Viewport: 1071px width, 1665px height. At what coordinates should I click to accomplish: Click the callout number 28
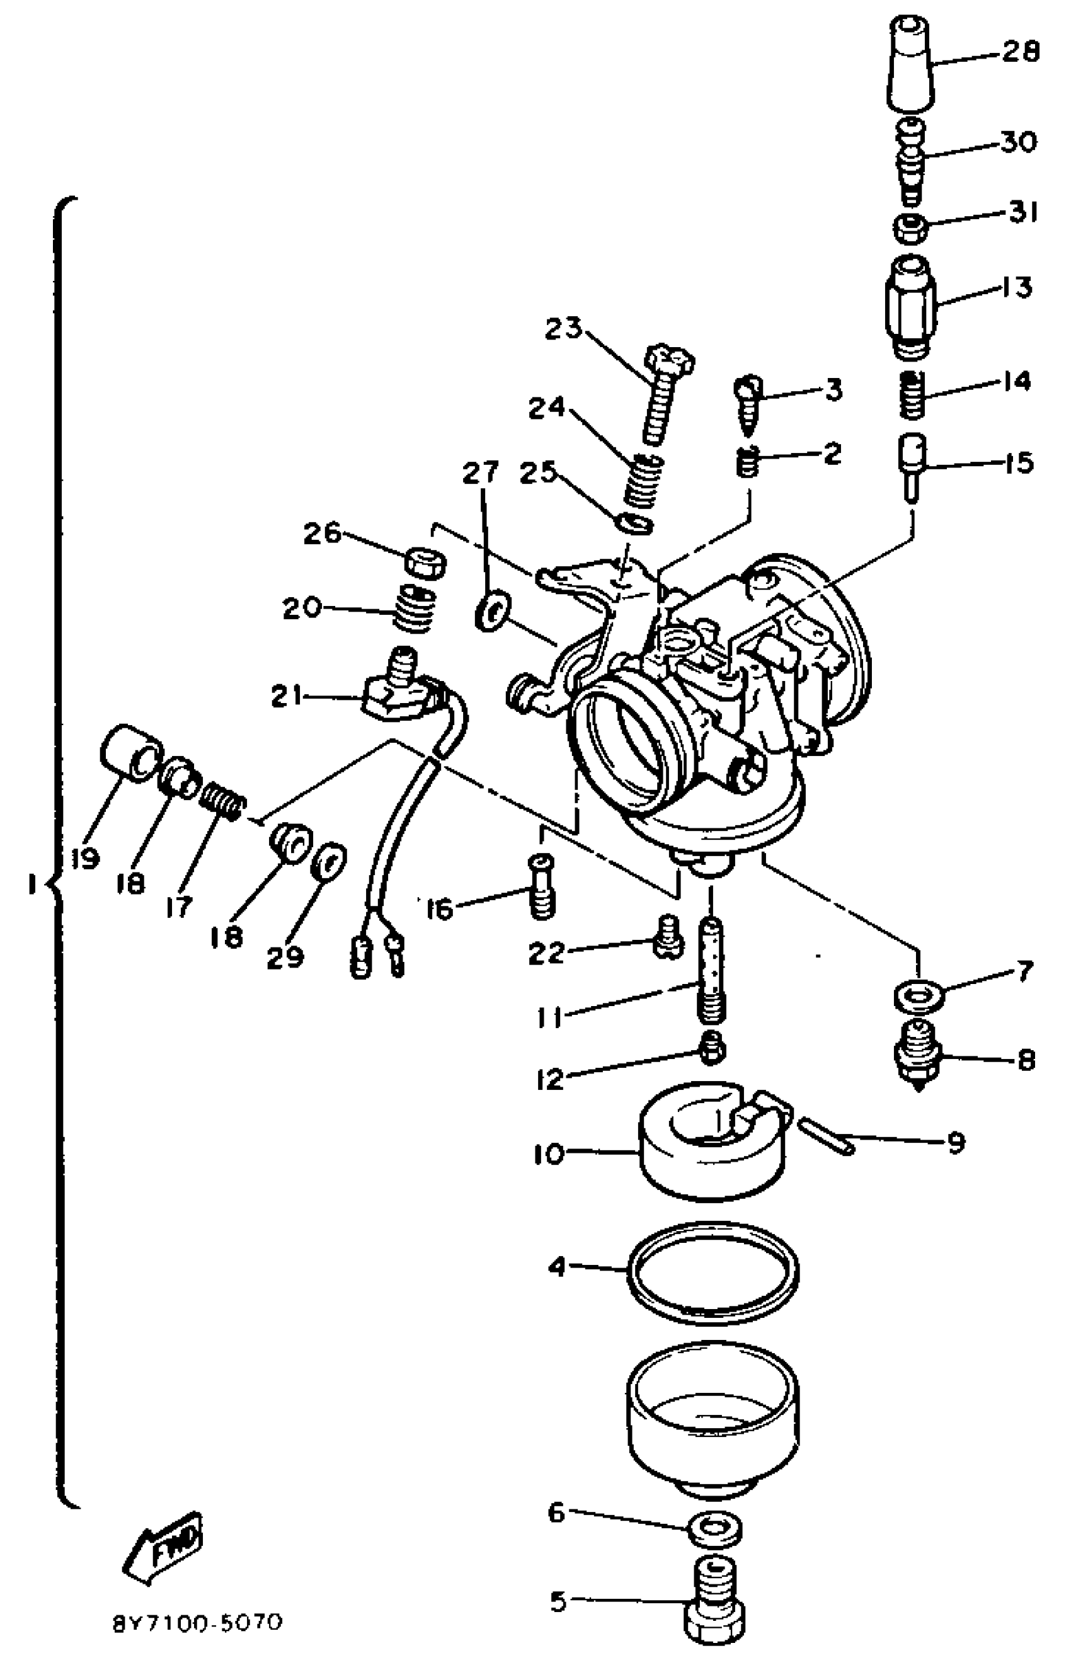(x=1021, y=53)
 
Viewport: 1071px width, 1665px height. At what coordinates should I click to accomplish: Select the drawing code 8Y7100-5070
(x=198, y=1623)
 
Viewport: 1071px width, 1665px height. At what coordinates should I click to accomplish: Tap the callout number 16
(x=440, y=908)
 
